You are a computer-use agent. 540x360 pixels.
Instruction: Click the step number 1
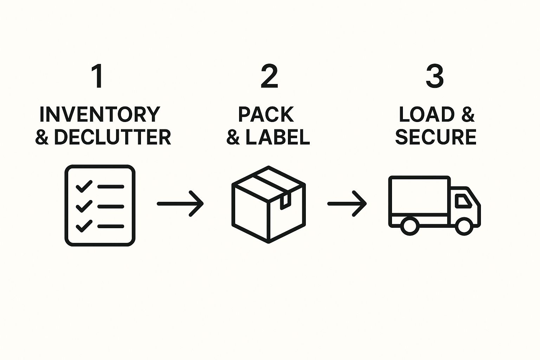coord(98,77)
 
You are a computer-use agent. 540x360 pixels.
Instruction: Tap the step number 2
coord(269,77)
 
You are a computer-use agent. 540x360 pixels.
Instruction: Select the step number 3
coord(435,77)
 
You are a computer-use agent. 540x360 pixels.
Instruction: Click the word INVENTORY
coord(100,114)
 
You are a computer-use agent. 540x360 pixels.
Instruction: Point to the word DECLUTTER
coord(112,137)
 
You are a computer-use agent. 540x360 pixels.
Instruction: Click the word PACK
coord(266,114)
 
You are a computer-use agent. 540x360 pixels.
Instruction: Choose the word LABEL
coord(278,137)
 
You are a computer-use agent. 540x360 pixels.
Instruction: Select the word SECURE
coord(436,137)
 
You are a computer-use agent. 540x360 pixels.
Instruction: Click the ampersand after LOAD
coord(468,114)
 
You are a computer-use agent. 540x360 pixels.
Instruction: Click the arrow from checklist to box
coord(180,204)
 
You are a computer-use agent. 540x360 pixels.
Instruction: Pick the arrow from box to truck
coord(347,204)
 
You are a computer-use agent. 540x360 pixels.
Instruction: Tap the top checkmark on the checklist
coord(84,186)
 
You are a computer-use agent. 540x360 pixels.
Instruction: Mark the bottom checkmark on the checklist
coord(84,226)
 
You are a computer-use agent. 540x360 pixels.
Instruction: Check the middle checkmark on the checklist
coord(84,206)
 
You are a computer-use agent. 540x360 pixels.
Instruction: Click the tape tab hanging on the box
coord(284,201)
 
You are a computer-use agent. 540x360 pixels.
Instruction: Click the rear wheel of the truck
coord(409,226)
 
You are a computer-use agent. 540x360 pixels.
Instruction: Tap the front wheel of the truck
coord(464,226)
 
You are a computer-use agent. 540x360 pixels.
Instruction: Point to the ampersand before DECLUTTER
coord(42,137)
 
